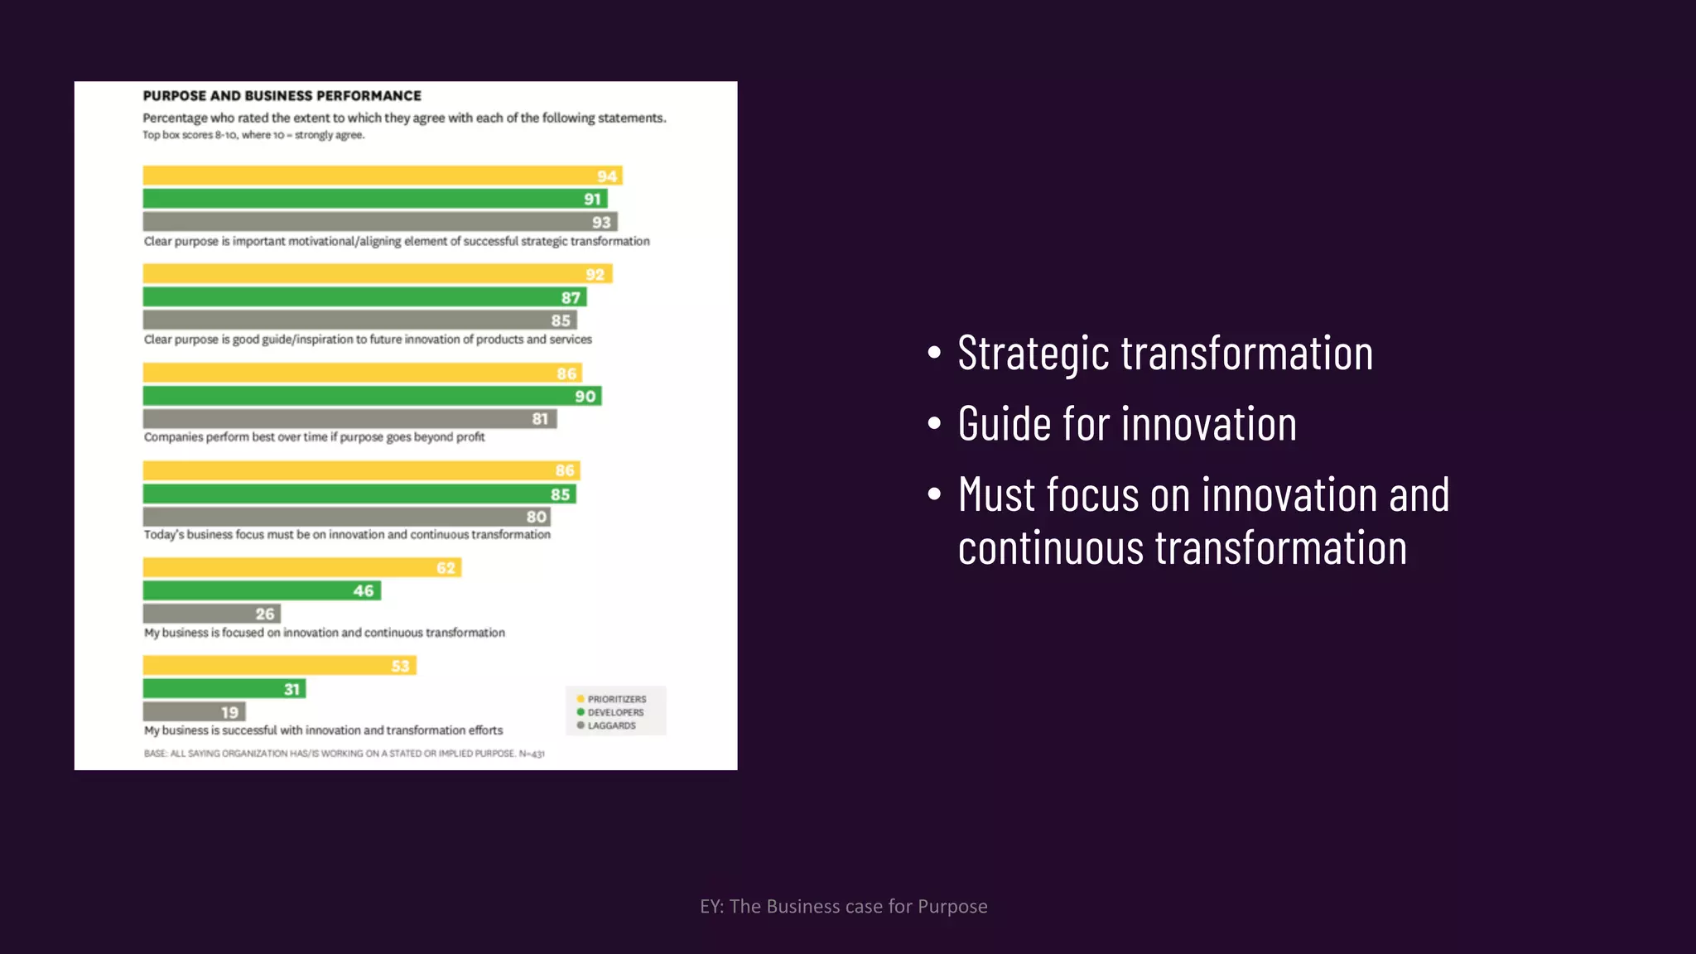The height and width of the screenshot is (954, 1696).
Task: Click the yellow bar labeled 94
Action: click(382, 176)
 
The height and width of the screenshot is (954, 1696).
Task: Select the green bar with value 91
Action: click(374, 199)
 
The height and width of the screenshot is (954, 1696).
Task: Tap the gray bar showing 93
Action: click(379, 222)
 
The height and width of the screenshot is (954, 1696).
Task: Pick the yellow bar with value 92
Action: click(377, 274)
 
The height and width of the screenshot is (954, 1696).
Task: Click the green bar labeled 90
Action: click(372, 396)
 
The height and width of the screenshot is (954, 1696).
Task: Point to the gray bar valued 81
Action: click(349, 419)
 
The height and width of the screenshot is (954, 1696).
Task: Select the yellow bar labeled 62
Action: click(301, 568)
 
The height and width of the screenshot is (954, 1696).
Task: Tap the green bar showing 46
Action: click(262, 590)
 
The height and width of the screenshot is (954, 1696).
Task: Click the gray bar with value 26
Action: click(211, 614)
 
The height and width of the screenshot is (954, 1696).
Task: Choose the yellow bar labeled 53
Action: click(279, 666)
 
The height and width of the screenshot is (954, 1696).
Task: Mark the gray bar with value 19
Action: click(194, 712)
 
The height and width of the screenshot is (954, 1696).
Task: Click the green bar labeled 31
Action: click(224, 689)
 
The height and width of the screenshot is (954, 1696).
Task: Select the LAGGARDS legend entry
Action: click(611, 725)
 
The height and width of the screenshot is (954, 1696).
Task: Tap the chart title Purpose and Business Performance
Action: click(282, 96)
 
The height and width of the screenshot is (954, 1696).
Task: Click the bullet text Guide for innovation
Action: click(1126, 425)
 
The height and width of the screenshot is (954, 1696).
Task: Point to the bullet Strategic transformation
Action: click(1164, 354)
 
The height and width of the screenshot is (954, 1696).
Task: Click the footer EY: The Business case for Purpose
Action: click(843, 907)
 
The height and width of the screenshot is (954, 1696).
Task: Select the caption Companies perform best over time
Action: click(314, 437)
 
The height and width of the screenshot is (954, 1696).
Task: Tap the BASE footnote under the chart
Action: click(344, 754)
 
